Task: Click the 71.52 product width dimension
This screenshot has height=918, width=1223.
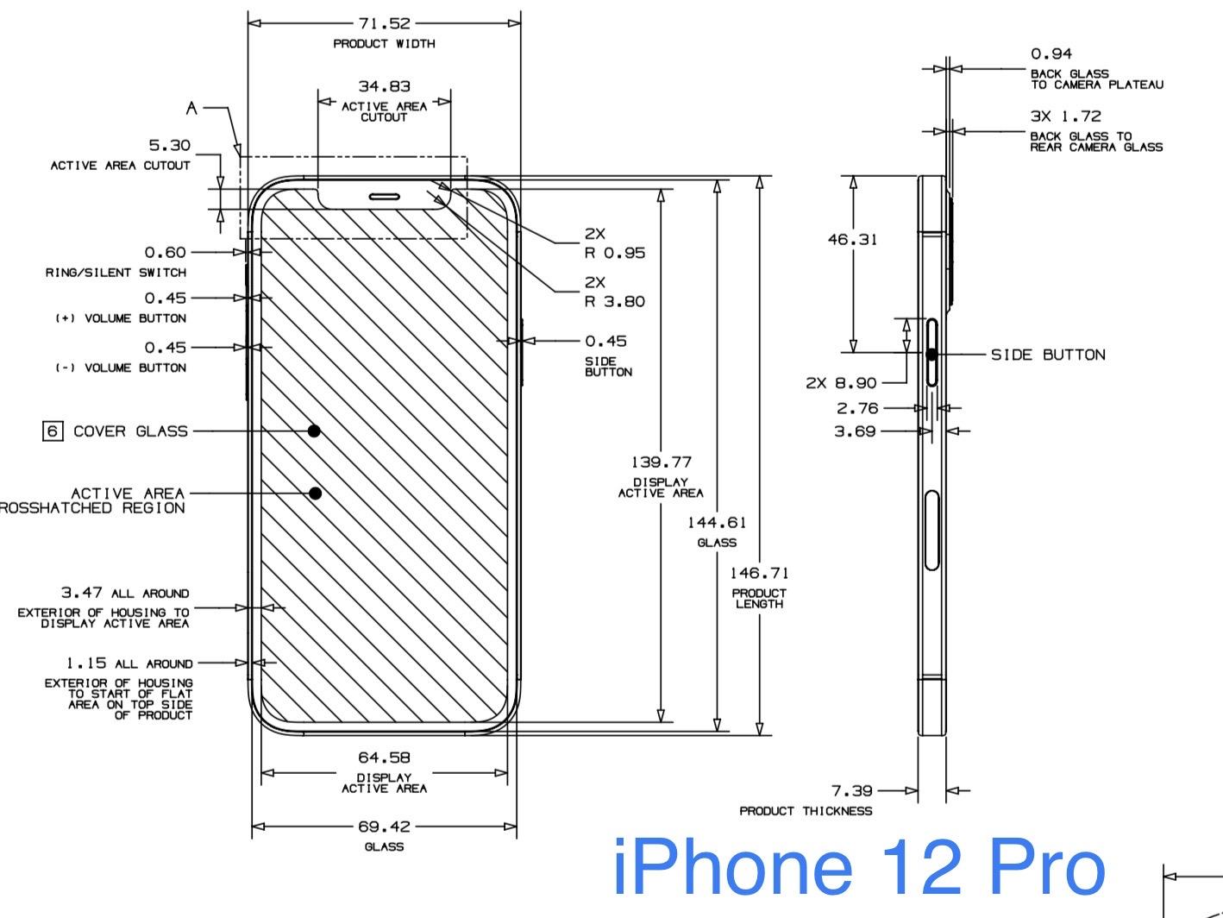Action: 384,23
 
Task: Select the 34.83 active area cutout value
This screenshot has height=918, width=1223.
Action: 384,86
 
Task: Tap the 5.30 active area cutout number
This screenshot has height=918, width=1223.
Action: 169,146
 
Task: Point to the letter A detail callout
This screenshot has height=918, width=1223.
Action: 192,109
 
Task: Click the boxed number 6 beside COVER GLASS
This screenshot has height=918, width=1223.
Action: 53,431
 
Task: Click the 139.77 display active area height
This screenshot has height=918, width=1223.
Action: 661,463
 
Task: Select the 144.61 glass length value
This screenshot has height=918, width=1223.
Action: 717,522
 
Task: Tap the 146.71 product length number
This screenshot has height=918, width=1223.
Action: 759,573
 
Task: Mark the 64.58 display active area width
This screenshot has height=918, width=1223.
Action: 384,758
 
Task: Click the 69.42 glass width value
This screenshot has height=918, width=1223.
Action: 384,827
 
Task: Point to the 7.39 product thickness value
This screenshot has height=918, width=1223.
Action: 851,790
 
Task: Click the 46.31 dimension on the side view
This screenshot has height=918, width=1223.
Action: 852,239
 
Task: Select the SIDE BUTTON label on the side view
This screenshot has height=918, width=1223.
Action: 1047,355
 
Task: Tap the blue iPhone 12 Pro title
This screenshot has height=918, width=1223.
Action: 858,869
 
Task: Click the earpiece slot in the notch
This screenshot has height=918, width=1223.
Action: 385,196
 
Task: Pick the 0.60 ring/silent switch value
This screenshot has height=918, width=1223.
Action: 165,252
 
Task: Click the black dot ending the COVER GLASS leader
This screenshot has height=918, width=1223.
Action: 314,431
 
